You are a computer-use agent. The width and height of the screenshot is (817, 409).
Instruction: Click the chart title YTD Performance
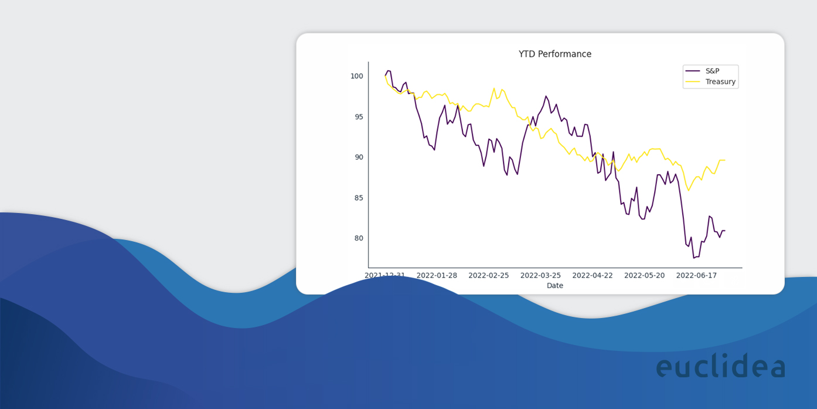pos(554,54)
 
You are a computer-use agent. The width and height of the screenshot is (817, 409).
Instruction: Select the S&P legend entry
pos(712,71)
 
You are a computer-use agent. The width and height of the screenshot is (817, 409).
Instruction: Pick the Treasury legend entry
pos(720,82)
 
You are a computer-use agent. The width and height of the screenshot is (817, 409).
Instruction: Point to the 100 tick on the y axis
pos(356,76)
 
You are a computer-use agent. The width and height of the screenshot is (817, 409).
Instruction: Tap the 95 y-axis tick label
pos(358,116)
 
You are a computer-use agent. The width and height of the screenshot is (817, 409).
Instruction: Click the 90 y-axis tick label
pos(358,157)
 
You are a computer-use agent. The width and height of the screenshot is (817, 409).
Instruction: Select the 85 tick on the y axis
pos(358,198)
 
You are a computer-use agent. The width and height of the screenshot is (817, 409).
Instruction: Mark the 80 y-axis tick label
pos(358,238)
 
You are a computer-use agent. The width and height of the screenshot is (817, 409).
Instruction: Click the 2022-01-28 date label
pos(437,275)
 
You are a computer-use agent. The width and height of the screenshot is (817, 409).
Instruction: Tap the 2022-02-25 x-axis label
pos(489,275)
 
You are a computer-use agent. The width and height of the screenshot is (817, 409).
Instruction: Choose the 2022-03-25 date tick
pos(540,275)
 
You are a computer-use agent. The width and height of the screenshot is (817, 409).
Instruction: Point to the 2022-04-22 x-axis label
pos(593,275)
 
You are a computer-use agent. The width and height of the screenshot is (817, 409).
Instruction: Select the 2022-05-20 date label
pos(644,275)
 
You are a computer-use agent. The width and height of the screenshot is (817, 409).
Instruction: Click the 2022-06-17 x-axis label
pos(696,275)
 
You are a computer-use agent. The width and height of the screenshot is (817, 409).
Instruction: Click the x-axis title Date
pos(554,286)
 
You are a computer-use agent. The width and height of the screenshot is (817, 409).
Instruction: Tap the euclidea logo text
pos(720,366)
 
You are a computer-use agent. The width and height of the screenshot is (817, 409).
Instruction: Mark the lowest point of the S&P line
pos(693,258)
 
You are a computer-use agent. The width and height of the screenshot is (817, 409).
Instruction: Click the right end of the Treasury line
pos(725,160)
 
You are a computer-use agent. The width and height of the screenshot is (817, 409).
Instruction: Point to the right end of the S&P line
pos(725,231)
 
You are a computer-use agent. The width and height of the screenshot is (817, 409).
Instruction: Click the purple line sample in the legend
pos(693,71)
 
